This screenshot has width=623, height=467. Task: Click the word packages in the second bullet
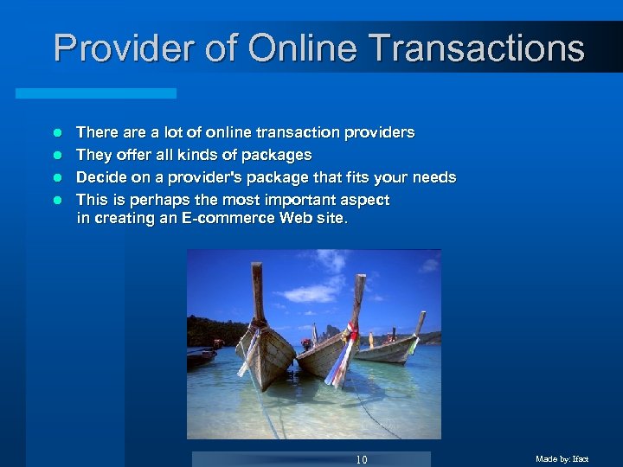[278, 156]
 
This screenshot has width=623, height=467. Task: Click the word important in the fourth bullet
[296, 201]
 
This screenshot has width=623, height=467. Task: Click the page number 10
[361, 459]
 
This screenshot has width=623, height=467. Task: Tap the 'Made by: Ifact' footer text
[562, 459]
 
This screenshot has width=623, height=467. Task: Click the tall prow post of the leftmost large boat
[257, 294]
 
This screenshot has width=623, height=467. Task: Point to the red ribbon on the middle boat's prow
[350, 334]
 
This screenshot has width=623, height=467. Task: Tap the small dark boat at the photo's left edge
[200, 355]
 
